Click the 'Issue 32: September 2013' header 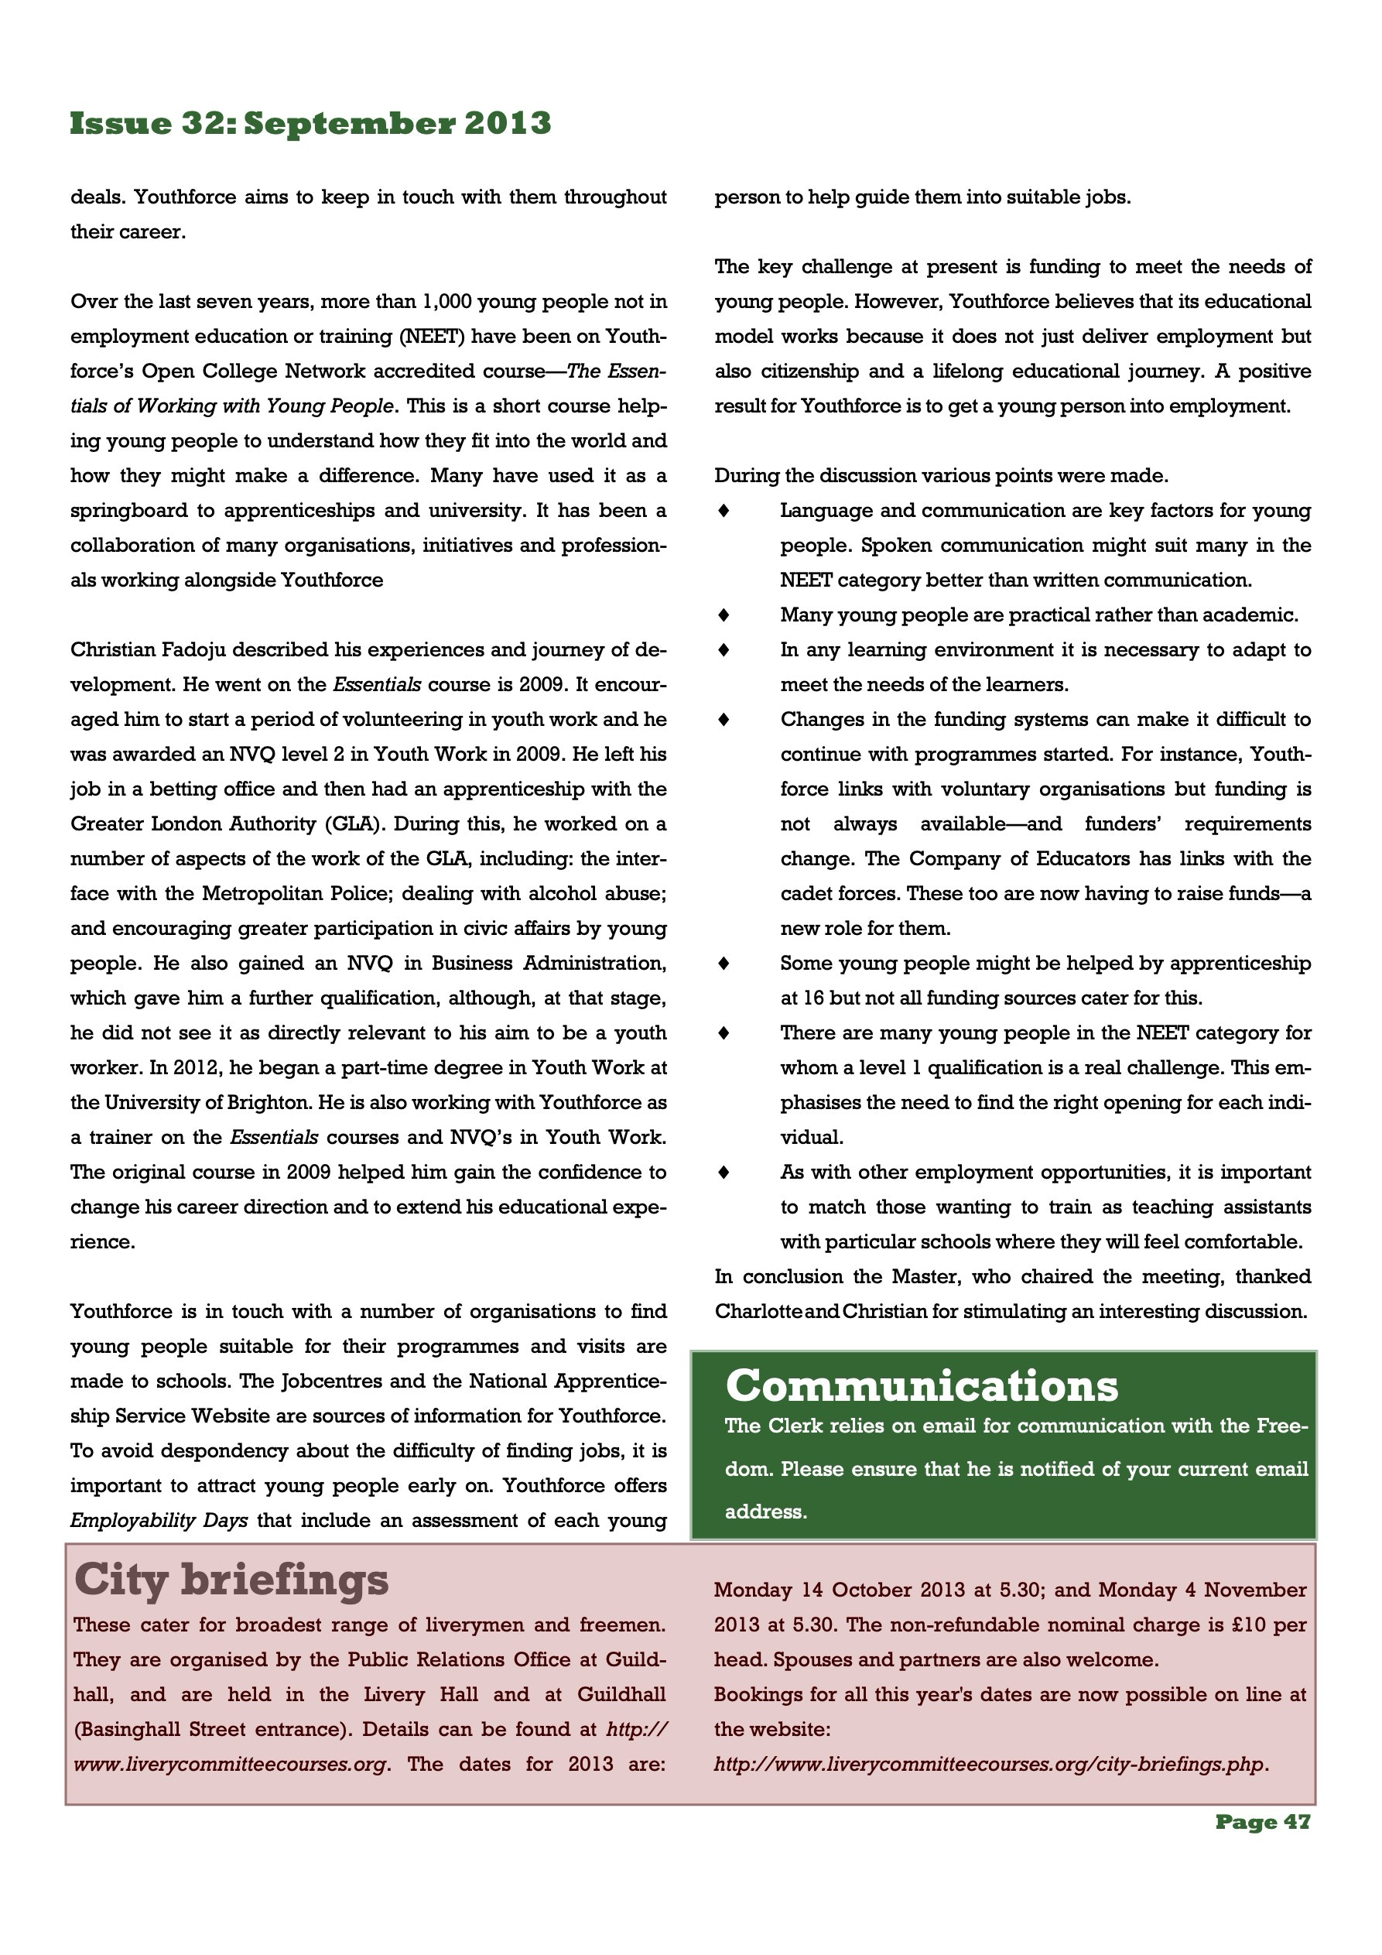point(310,124)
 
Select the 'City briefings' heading point(231,1580)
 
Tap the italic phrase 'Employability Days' point(159,1520)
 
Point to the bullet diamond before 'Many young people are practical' point(723,615)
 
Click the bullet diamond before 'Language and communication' point(723,511)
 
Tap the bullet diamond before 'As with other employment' point(723,1172)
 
